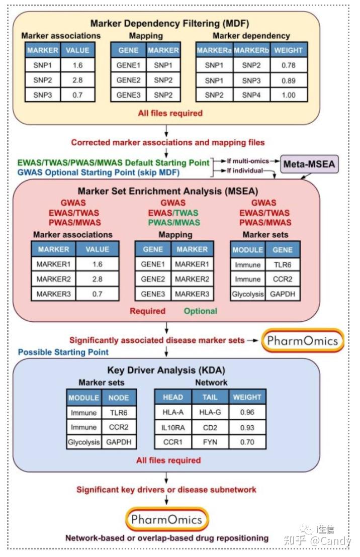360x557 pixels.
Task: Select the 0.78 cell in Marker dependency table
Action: [288, 65]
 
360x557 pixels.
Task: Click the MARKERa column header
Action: [213, 50]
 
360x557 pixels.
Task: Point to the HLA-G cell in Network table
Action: [210, 412]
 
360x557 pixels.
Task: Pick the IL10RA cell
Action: [172, 427]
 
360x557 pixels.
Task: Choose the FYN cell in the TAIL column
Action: [210, 442]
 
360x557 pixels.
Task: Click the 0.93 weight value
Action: [247, 427]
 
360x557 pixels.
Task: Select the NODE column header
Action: [119, 397]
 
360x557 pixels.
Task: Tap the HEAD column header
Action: [172, 397]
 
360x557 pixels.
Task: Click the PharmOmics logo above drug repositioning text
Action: [166, 519]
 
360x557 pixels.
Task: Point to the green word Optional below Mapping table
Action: [200, 311]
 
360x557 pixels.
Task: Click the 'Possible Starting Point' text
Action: [63, 351]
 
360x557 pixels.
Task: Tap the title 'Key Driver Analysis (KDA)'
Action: [165, 370]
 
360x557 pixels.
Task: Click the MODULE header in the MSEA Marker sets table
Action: [247, 249]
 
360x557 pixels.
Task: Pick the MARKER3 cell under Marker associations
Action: [53, 294]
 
